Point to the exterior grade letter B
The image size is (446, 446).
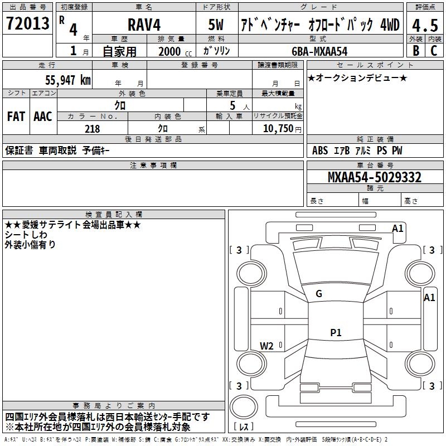(x=415, y=51)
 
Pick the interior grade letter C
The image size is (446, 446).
(x=434, y=51)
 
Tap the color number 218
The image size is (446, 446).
(x=93, y=129)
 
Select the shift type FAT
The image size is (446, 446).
(x=16, y=117)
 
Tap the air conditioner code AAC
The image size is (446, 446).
(x=43, y=117)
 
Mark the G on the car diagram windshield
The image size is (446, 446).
(x=319, y=294)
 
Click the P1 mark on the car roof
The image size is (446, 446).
(x=336, y=333)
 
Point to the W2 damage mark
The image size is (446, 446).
(x=266, y=346)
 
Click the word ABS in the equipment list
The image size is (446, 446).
(x=320, y=151)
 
